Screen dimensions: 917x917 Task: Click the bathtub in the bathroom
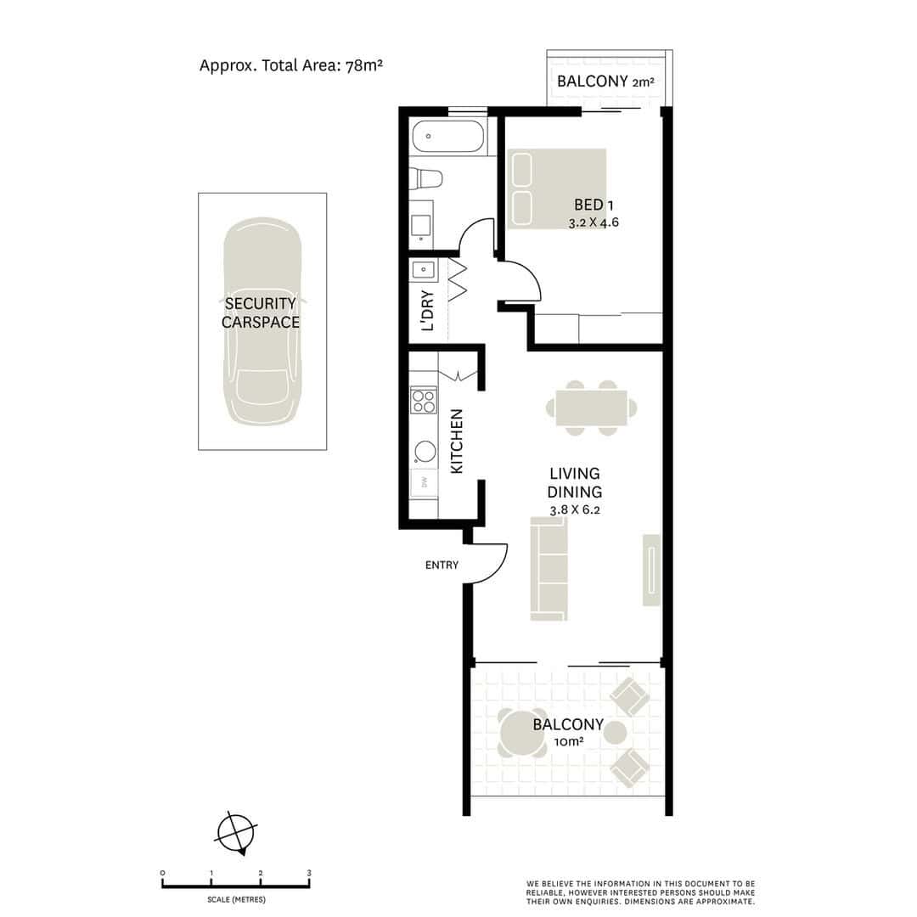click(x=448, y=136)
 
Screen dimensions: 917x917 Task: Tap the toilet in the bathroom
click(x=425, y=178)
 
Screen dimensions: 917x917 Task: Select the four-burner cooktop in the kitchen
click(x=424, y=400)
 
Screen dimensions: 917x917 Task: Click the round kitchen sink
click(x=425, y=452)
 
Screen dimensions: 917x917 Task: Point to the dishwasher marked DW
click(x=424, y=482)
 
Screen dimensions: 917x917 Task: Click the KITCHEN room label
click(x=456, y=441)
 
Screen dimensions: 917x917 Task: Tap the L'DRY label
click(x=427, y=311)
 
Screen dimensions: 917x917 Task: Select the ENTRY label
click(x=442, y=565)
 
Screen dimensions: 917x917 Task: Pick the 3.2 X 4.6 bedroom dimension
click(x=593, y=222)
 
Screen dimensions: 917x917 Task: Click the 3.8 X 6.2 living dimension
click(x=574, y=509)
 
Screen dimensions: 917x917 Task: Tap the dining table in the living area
click(x=591, y=408)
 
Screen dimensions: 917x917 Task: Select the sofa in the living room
click(x=549, y=568)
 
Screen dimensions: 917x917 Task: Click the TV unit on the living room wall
click(x=651, y=570)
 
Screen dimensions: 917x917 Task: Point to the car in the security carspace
click(x=262, y=321)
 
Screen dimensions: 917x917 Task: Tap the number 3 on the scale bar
click(x=309, y=873)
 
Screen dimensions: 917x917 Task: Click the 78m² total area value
click(x=363, y=65)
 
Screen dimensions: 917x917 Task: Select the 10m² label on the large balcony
click(x=568, y=742)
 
